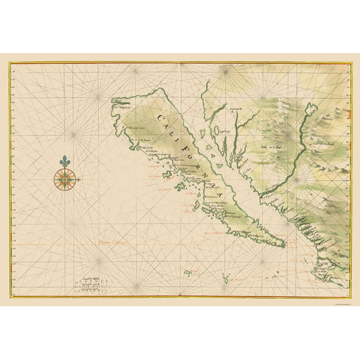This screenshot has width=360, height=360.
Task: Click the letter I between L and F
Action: tap(183, 142)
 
